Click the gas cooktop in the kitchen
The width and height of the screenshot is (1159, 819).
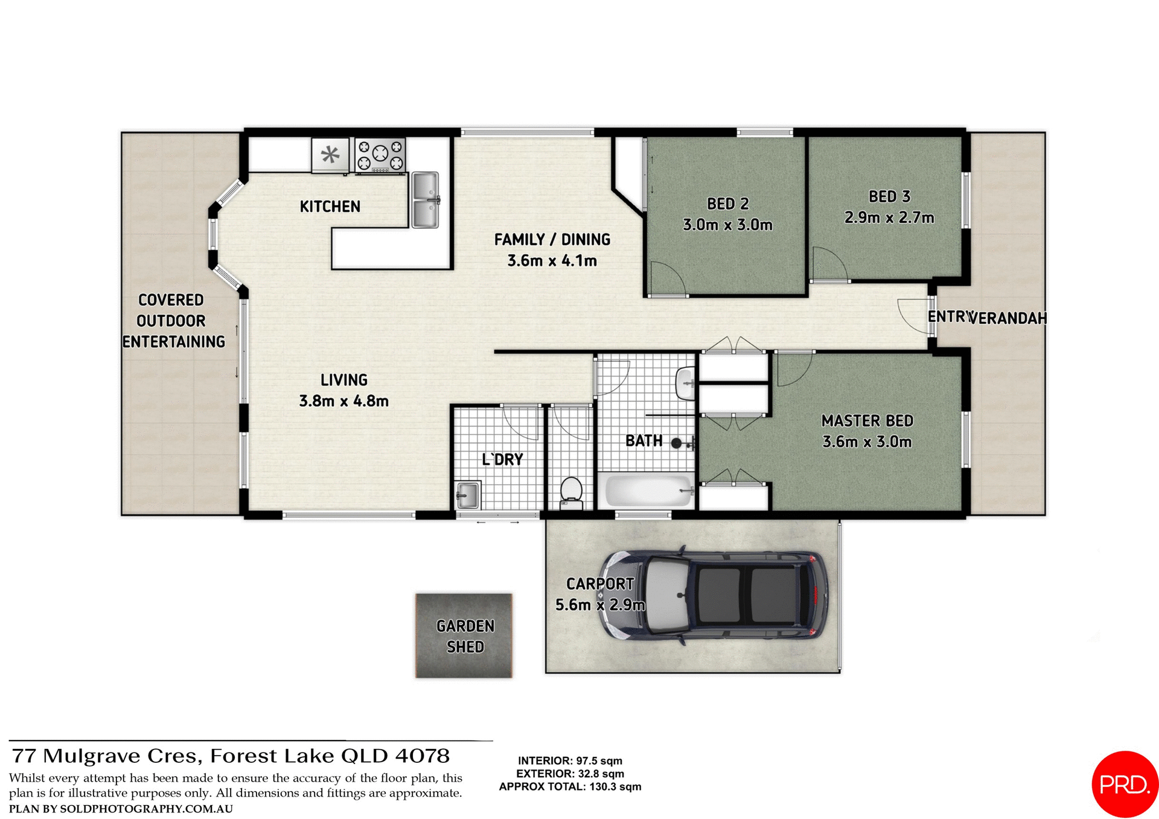[380, 155]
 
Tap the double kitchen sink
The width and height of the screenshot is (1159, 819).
[425, 200]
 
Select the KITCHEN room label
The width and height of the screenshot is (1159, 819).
[330, 206]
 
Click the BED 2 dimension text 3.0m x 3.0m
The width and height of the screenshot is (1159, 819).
[727, 225]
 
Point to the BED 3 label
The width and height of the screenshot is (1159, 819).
[889, 197]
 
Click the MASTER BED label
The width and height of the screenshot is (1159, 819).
[867, 421]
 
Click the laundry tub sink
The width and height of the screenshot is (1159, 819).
[468, 495]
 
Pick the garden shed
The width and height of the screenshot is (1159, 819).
[464, 636]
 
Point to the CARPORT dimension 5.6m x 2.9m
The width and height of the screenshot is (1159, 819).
[600, 605]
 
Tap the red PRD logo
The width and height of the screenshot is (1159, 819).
[1123, 784]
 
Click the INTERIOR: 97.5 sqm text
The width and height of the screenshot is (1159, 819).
[570, 761]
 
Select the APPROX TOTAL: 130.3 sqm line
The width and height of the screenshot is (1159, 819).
[570, 787]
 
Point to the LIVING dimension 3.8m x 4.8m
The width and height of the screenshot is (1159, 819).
[343, 401]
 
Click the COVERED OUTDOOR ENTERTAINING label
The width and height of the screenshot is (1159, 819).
[173, 320]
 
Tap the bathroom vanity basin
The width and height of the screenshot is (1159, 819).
[685, 383]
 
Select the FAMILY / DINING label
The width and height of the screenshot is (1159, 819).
[552, 240]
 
